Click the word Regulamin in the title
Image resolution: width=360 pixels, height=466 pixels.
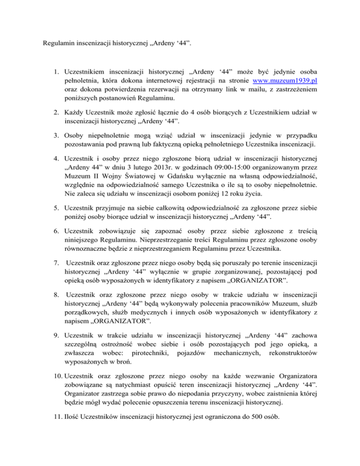59,45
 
